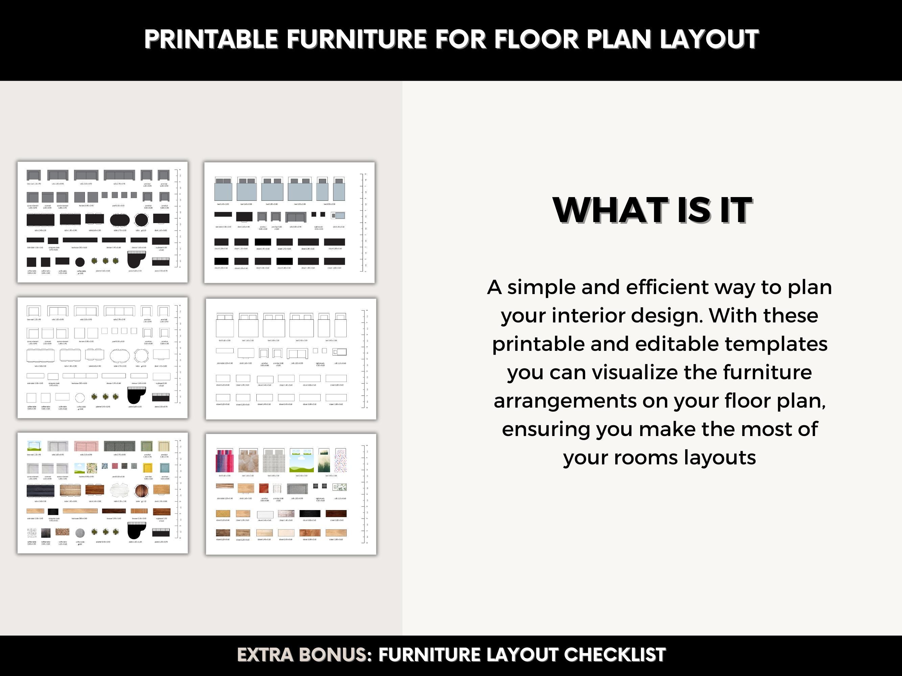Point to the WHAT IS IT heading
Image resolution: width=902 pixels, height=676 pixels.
(x=652, y=210)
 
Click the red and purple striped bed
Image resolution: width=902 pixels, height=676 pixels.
(x=224, y=461)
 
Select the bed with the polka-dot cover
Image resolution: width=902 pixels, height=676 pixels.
(x=341, y=461)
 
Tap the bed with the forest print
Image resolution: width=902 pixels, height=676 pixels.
(x=324, y=461)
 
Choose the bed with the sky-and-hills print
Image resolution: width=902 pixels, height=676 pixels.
(x=301, y=461)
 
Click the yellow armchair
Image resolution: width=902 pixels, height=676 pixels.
(x=147, y=468)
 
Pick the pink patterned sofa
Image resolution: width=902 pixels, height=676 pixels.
(x=86, y=446)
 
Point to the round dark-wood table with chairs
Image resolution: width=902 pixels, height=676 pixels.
(x=141, y=490)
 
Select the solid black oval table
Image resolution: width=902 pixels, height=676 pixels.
(x=119, y=220)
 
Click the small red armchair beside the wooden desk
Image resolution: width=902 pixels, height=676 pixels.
(x=263, y=488)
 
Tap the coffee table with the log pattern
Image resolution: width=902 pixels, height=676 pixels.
(x=62, y=532)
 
